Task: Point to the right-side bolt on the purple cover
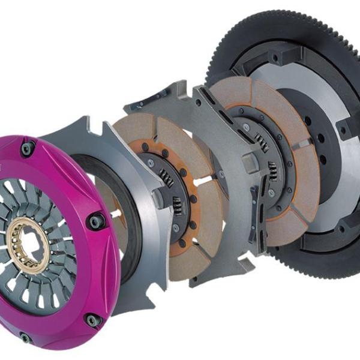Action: (95, 221)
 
